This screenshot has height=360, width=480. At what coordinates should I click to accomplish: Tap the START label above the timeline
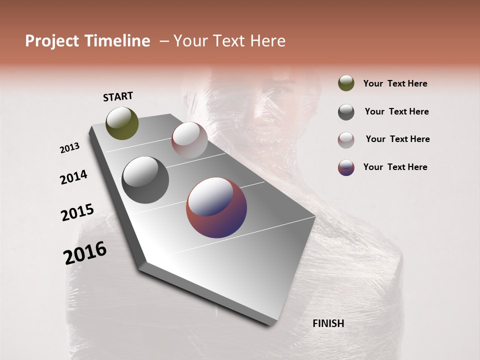(x=118, y=96)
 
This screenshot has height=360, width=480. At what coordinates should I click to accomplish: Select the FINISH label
(x=328, y=323)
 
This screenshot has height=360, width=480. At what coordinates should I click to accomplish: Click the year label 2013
(x=69, y=148)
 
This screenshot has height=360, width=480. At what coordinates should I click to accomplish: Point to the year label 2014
(x=73, y=177)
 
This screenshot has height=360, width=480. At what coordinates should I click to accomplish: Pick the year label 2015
(x=77, y=212)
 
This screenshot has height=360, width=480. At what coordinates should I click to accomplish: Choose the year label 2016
(x=85, y=253)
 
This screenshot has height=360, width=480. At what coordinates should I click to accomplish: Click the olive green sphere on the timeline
(x=122, y=123)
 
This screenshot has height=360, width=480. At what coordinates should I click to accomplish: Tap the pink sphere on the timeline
(x=189, y=140)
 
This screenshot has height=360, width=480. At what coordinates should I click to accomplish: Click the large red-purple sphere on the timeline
(x=216, y=207)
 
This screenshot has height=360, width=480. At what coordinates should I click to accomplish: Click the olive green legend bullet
(x=346, y=83)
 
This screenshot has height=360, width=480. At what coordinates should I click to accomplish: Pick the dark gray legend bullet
(x=346, y=112)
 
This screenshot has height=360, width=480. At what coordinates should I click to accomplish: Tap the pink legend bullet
(x=346, y=139)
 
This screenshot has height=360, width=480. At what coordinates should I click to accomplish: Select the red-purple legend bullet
(x=346, y=167)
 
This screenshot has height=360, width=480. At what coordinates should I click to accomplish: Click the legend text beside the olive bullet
(x=395, y=83)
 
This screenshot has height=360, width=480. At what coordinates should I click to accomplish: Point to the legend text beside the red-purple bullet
(x=395, y=167)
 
